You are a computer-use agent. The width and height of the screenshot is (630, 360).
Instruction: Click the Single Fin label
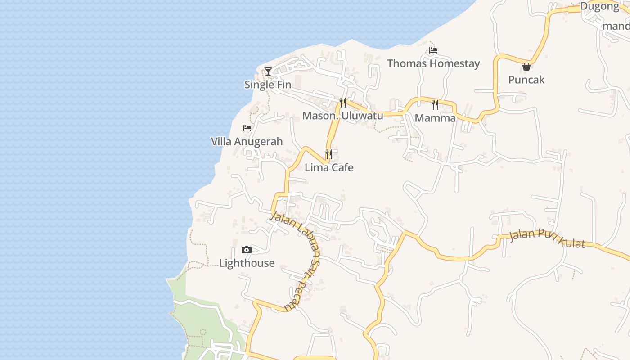tap(268, 85)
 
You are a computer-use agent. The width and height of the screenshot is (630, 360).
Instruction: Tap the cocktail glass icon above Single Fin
tap(268, 71)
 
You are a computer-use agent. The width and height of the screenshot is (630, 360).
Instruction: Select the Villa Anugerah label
tap(247, 141)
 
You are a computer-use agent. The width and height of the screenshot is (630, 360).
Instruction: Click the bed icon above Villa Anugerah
tap(247, 128)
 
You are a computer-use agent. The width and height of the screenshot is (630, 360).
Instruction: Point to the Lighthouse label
tap(247, 263)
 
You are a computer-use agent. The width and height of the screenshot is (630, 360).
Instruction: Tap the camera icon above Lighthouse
tap(247, 250)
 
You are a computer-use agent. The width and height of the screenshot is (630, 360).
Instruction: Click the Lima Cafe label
tap(329, 167)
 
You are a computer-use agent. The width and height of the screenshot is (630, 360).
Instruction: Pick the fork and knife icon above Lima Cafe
tap(329, 154)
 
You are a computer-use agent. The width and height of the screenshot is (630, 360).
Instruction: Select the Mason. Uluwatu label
tap(342, 116)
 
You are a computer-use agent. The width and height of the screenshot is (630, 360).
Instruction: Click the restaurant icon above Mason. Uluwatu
tap(343, 102)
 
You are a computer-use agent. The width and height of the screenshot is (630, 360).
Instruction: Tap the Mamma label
tap(435, 118)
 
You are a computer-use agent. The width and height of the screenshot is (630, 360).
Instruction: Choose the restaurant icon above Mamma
tap(435, 105)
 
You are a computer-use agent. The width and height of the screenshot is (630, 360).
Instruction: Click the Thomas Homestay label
tap(433, 63)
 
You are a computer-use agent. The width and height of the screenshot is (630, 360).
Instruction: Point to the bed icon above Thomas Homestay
tap(433, 50)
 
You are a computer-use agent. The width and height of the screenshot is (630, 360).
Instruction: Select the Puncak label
tap(526, 80)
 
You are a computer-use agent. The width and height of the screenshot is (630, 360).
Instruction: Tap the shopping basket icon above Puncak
tap(526, 67)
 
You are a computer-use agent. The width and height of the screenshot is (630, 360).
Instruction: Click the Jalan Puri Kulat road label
tap(547, 239)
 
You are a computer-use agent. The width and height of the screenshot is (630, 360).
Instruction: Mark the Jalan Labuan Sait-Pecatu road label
tap(299, 259)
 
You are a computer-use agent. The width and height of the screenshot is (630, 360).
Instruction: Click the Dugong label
tap(599, 6)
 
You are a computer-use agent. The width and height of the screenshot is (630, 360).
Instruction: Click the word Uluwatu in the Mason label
tap(362, 116)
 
